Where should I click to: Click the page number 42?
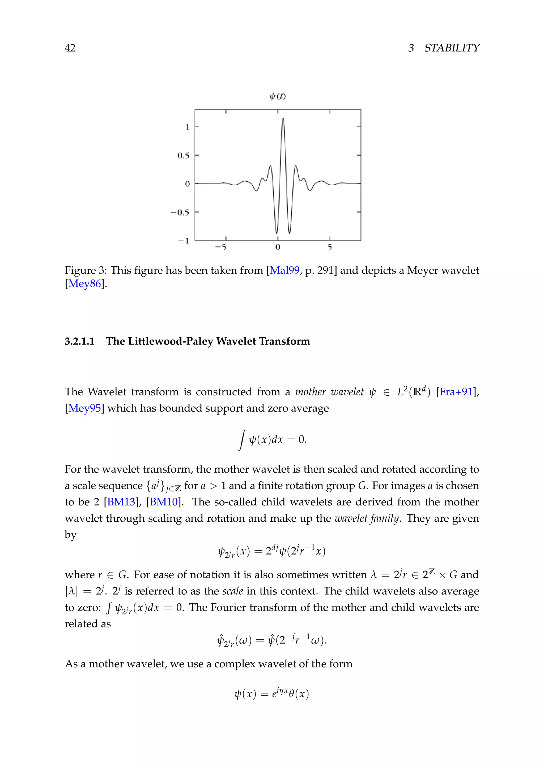click(x=70, y=48)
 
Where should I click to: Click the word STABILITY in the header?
click(x=452, y=48)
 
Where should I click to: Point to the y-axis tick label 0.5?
click(x=183, y=156)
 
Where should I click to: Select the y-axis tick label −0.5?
click(x=180, y=212)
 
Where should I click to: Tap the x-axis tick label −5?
click(x=220, y=247)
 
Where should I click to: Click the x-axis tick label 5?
click(x=330, y=247)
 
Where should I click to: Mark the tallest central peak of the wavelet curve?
click(x=283, y=119)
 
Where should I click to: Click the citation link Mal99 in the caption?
click(x=284, y=270)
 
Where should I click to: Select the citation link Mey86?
click(x=84, y=284)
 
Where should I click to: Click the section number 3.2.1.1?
click(x=80, y=341)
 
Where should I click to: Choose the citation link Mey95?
click(x=84, y=408)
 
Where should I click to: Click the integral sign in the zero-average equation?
click(x=242, y=439)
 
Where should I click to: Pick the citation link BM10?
click(x=163, y=502)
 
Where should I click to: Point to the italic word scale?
click(x=232, y=591)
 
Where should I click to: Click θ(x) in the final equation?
click(x=299, y=694)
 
